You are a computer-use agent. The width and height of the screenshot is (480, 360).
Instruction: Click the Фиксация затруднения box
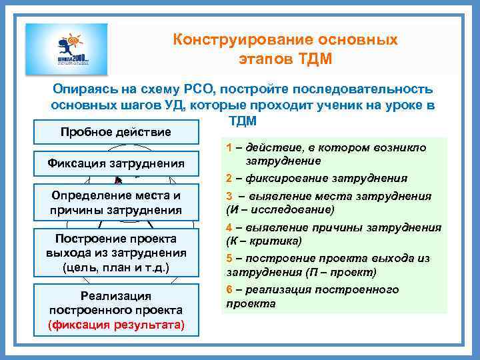click(116, 163)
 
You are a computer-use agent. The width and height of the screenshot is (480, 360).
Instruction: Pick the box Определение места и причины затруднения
click(116, 203)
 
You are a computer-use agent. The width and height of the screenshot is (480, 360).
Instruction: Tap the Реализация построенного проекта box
click(116, 310)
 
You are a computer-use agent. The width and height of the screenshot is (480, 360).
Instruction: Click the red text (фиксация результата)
click(116, 325)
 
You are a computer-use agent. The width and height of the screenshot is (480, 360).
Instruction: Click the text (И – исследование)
click(280, 209)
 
